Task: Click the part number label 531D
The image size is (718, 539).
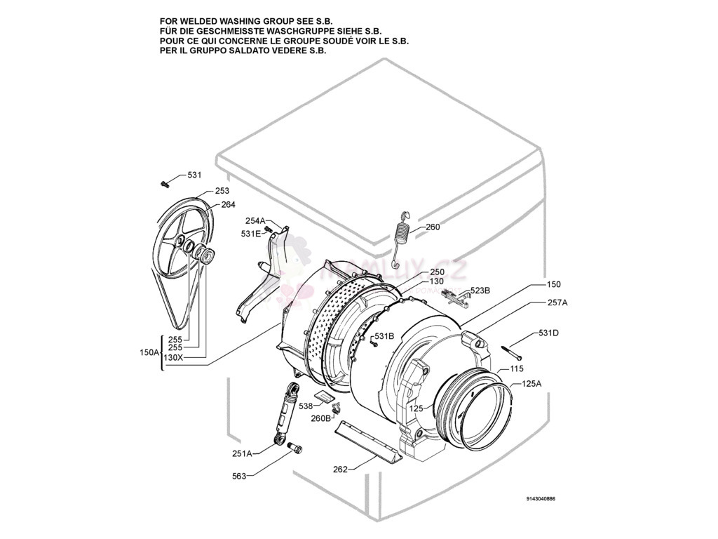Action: point(548,333)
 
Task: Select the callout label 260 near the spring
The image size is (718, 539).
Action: point(433,227)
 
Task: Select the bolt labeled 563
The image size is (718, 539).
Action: point(294,447)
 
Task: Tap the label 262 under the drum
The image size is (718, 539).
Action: point(340,470)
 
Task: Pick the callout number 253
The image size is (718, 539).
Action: point(222,191)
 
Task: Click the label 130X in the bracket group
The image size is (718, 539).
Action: point(172,357)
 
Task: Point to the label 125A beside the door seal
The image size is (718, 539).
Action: point(532,384)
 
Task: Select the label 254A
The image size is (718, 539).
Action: point(255,221)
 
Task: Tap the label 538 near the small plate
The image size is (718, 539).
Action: point(306,406)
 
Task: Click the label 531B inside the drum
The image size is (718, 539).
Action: point(384,335)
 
